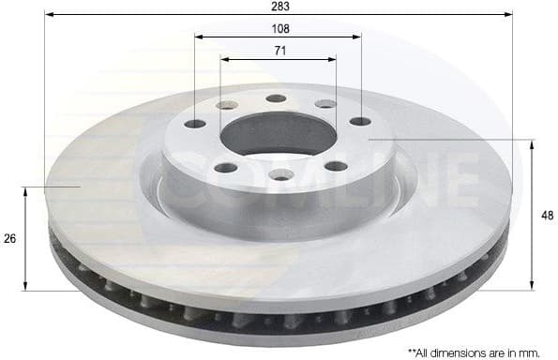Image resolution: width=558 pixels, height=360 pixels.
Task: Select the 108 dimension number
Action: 279,28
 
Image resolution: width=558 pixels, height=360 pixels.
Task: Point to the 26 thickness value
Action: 9,239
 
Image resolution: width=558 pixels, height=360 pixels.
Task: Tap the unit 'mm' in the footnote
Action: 531,352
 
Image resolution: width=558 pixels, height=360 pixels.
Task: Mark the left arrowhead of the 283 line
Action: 48,15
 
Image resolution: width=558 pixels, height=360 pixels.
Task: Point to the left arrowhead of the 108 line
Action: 198,37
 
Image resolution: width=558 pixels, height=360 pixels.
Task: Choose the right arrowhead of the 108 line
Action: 357,37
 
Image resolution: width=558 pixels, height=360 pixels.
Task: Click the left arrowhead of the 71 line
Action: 223,58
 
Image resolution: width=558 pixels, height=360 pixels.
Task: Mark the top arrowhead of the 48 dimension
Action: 533,142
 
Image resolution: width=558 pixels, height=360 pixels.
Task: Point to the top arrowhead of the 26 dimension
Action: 26,190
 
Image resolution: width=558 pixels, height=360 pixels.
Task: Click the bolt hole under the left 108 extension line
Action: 195,124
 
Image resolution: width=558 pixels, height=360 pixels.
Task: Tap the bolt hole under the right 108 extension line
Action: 361,121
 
